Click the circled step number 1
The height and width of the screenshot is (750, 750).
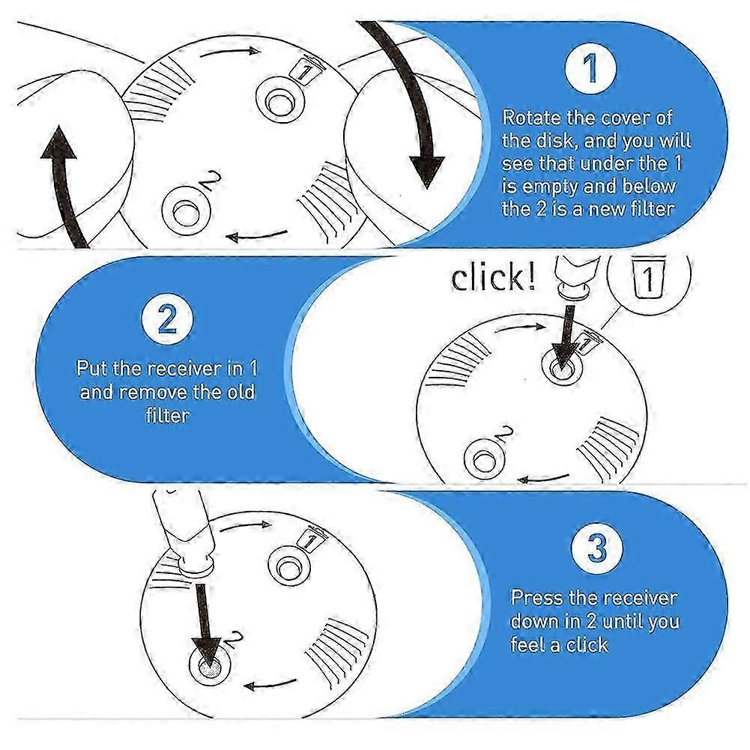pos(590,68)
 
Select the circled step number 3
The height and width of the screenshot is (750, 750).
pos(596,549)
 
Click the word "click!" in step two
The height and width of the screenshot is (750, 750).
pos(493,278)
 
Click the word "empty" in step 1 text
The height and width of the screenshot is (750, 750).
pos(550,187)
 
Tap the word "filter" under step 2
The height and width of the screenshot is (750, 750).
pos(167,414)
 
